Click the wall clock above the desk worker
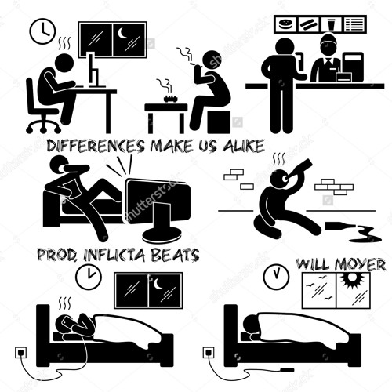click(43, 31)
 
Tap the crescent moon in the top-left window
click(122, 33)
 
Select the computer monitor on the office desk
click(93, 70)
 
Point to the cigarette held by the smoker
click(194, 64)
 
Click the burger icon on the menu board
click(285, 24)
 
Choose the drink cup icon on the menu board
click(331, 25)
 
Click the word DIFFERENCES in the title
click(96, 146)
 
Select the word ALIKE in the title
click(243, 146)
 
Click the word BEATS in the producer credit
click(176, 255)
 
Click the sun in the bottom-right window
click(352, 280)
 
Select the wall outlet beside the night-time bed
click(22, 352)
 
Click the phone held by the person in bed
click(67, 323)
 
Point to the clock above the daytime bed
click(276, 276)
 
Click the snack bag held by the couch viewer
click(71, 189)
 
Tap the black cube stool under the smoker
click(219, 122)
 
